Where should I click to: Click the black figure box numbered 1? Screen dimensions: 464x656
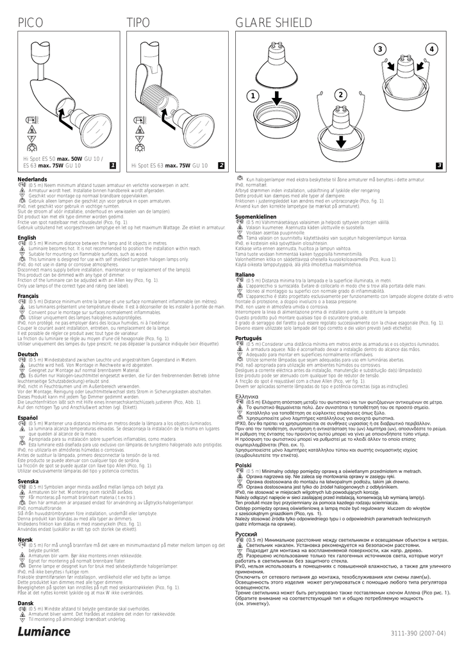click(112, 165)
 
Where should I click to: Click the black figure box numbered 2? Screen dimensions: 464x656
click(220, 165)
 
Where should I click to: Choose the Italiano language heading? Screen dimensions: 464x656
click(246, 274)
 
